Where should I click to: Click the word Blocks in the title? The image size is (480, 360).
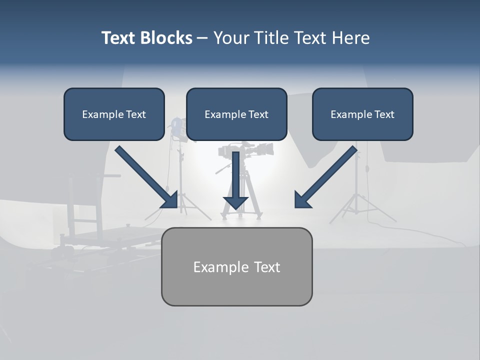(x=167, y=38)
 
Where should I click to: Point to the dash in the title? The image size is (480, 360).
(x=203, y=38)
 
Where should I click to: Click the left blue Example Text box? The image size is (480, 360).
(x=114, y=114)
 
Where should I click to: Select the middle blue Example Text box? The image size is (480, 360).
(x=236, y=114)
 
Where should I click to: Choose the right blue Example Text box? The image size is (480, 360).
(x=362, y=114)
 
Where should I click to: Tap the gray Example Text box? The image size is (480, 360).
(x=236, y=266)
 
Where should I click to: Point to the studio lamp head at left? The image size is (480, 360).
(x=176, y=128)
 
